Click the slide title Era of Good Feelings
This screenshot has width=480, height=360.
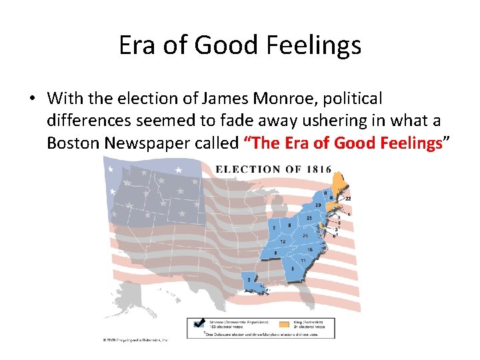pos(240,45)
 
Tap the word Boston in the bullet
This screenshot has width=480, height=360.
pos(73,143)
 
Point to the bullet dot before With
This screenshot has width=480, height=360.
pos(31,99)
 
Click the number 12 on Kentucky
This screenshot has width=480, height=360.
pos(283,241)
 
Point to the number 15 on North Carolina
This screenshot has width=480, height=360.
pos(309,249)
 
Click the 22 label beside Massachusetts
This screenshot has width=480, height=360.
pos(347,199)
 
